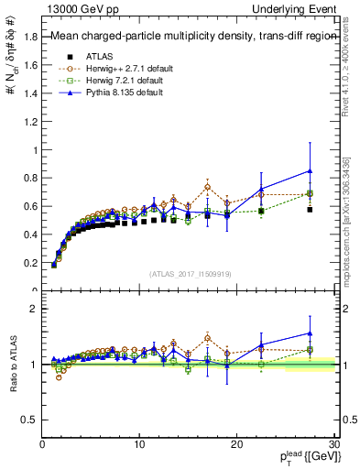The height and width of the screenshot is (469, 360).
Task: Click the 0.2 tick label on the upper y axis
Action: click(x=28, y=263)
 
